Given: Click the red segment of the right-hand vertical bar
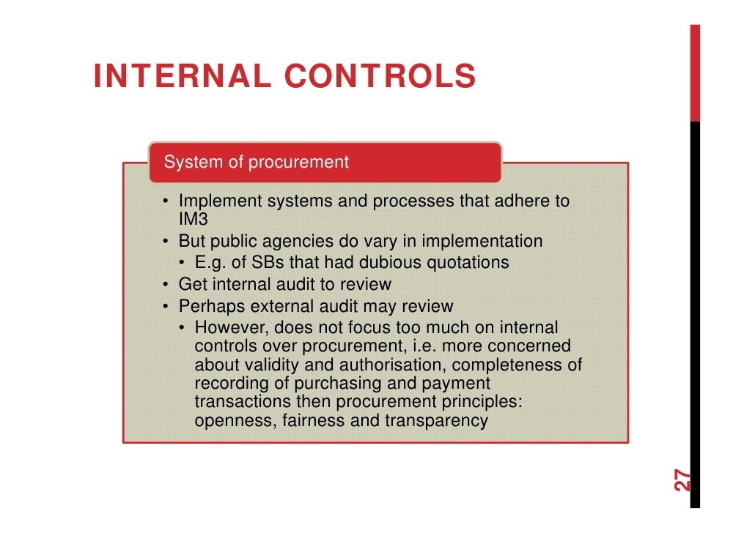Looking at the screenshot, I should (694, 73).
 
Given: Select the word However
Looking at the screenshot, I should (226, 327).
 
